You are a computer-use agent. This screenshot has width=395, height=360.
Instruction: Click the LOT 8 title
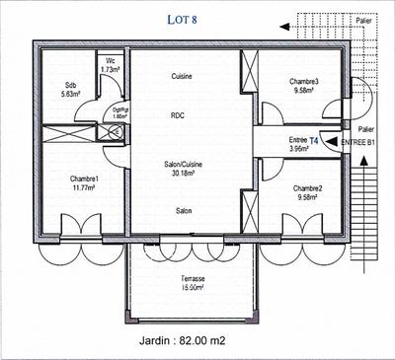pos(183,18)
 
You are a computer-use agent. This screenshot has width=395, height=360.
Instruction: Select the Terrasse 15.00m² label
pos(186,284)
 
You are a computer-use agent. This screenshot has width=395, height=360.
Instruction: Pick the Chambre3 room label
pos(303,86)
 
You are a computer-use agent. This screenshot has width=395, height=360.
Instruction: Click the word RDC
pos(179,114)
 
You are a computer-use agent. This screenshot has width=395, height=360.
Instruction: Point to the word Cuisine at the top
pos(182,76)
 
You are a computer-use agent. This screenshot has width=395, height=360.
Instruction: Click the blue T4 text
pos(314,141)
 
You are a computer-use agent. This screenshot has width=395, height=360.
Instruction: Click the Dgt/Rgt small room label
pos(120,112)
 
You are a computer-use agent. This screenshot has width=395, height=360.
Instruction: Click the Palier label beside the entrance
pos(365,129)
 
